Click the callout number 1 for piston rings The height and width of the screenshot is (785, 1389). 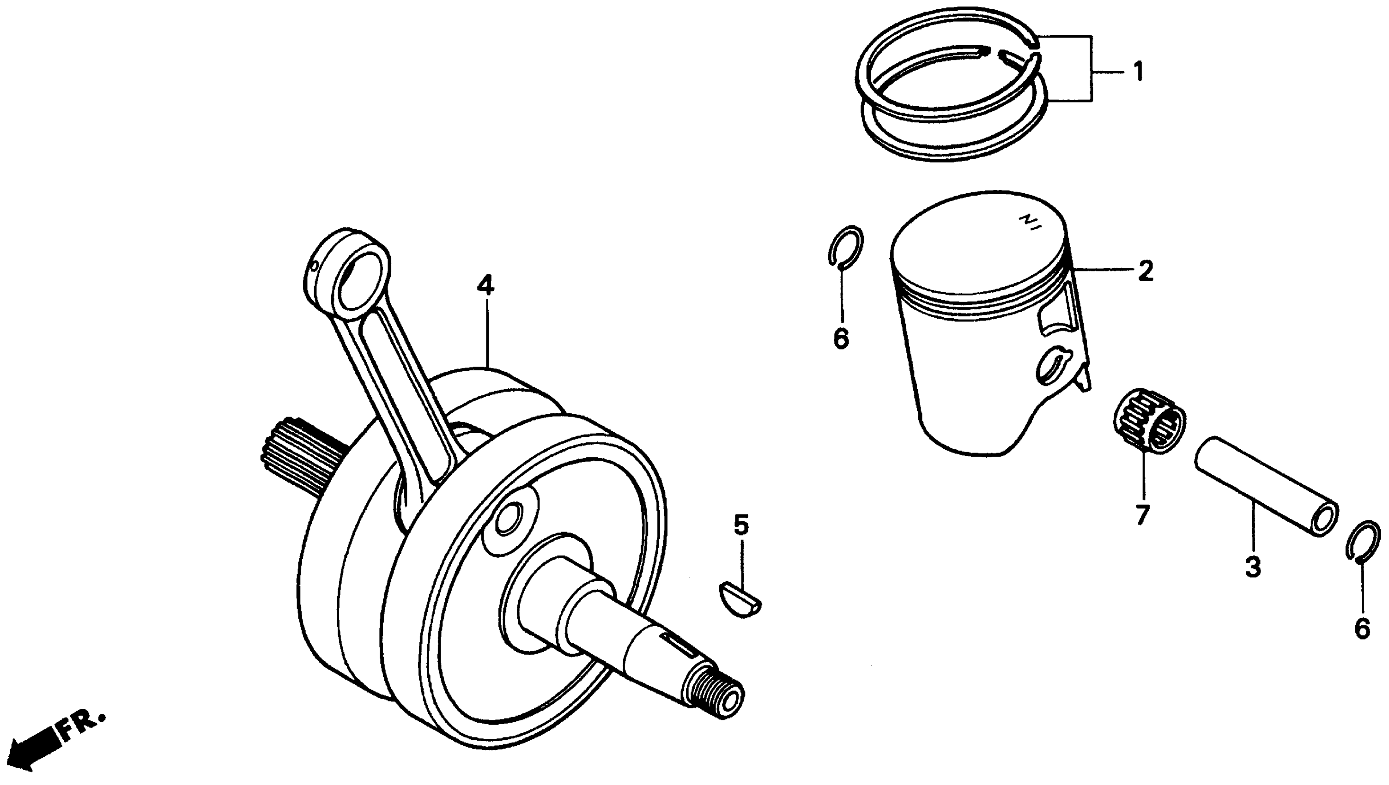(1138, 72)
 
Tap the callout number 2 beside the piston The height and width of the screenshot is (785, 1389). (1145, 271)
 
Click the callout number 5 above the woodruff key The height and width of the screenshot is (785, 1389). (741, 525)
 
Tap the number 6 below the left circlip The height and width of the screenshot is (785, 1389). (841, 339)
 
